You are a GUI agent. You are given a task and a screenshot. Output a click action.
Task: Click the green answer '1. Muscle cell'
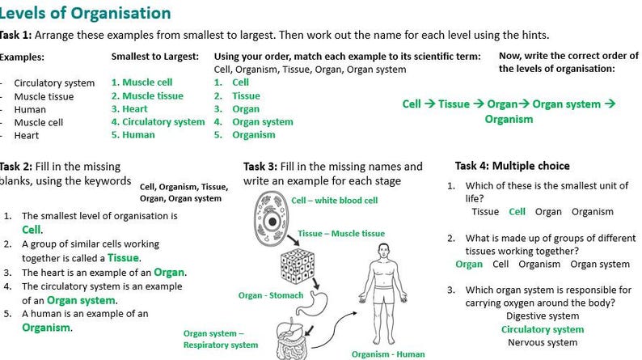coord(141,83)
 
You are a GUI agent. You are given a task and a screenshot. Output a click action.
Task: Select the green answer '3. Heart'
coord(129,108)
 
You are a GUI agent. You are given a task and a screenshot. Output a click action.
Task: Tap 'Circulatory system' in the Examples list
coord(54,83)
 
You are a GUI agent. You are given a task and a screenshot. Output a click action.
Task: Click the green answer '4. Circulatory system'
coord(158,121)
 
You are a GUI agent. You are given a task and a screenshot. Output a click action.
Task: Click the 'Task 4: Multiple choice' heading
coord(512,166)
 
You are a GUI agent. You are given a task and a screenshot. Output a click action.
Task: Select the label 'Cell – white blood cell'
coord(334,200)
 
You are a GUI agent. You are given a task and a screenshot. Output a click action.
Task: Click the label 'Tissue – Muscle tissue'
coord(340,234)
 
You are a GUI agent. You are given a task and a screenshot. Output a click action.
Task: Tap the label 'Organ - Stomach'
coord(270,295)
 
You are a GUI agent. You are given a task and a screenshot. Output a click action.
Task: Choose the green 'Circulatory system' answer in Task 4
coord(542,329)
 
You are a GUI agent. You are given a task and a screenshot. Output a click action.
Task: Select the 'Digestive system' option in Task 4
coord(542,316)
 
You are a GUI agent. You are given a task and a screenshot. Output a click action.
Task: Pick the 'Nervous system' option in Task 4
coord(542,343)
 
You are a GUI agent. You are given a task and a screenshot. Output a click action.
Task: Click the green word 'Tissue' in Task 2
coord(123,257)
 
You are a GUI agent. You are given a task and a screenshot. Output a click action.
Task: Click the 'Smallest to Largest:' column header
coord(154,57)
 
